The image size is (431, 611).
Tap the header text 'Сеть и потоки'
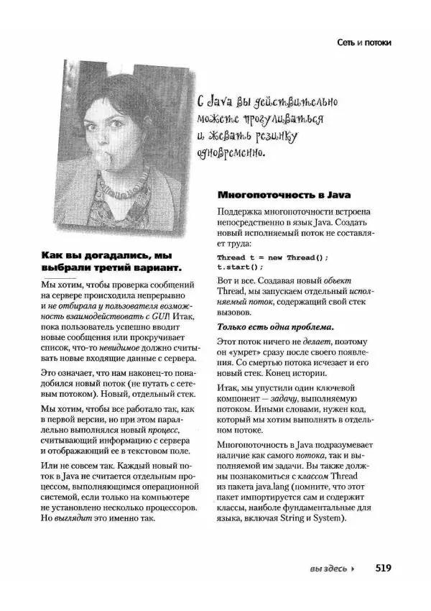point(364,42)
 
